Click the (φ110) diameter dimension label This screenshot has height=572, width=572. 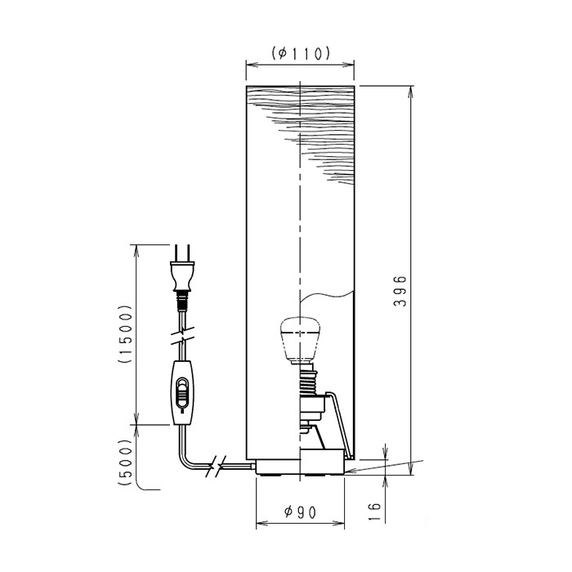(x=301, y=54)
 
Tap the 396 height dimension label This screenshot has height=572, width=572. (x=400, y=291)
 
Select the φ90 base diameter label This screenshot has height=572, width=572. (x=300, y=512)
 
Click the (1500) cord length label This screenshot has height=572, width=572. (x=125, y=333)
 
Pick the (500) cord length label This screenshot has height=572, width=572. (x=125, y=462)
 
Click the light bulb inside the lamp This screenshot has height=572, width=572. (x=300, y=341)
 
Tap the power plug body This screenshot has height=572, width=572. (x=182, y=276)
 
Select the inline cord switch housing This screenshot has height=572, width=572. (x=182, y=393)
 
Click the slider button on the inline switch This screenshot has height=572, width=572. (x=182, y=393)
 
